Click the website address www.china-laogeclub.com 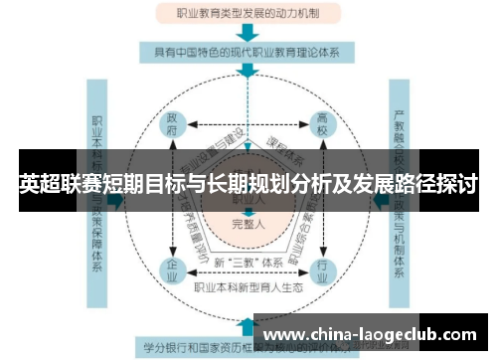[369, 335]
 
